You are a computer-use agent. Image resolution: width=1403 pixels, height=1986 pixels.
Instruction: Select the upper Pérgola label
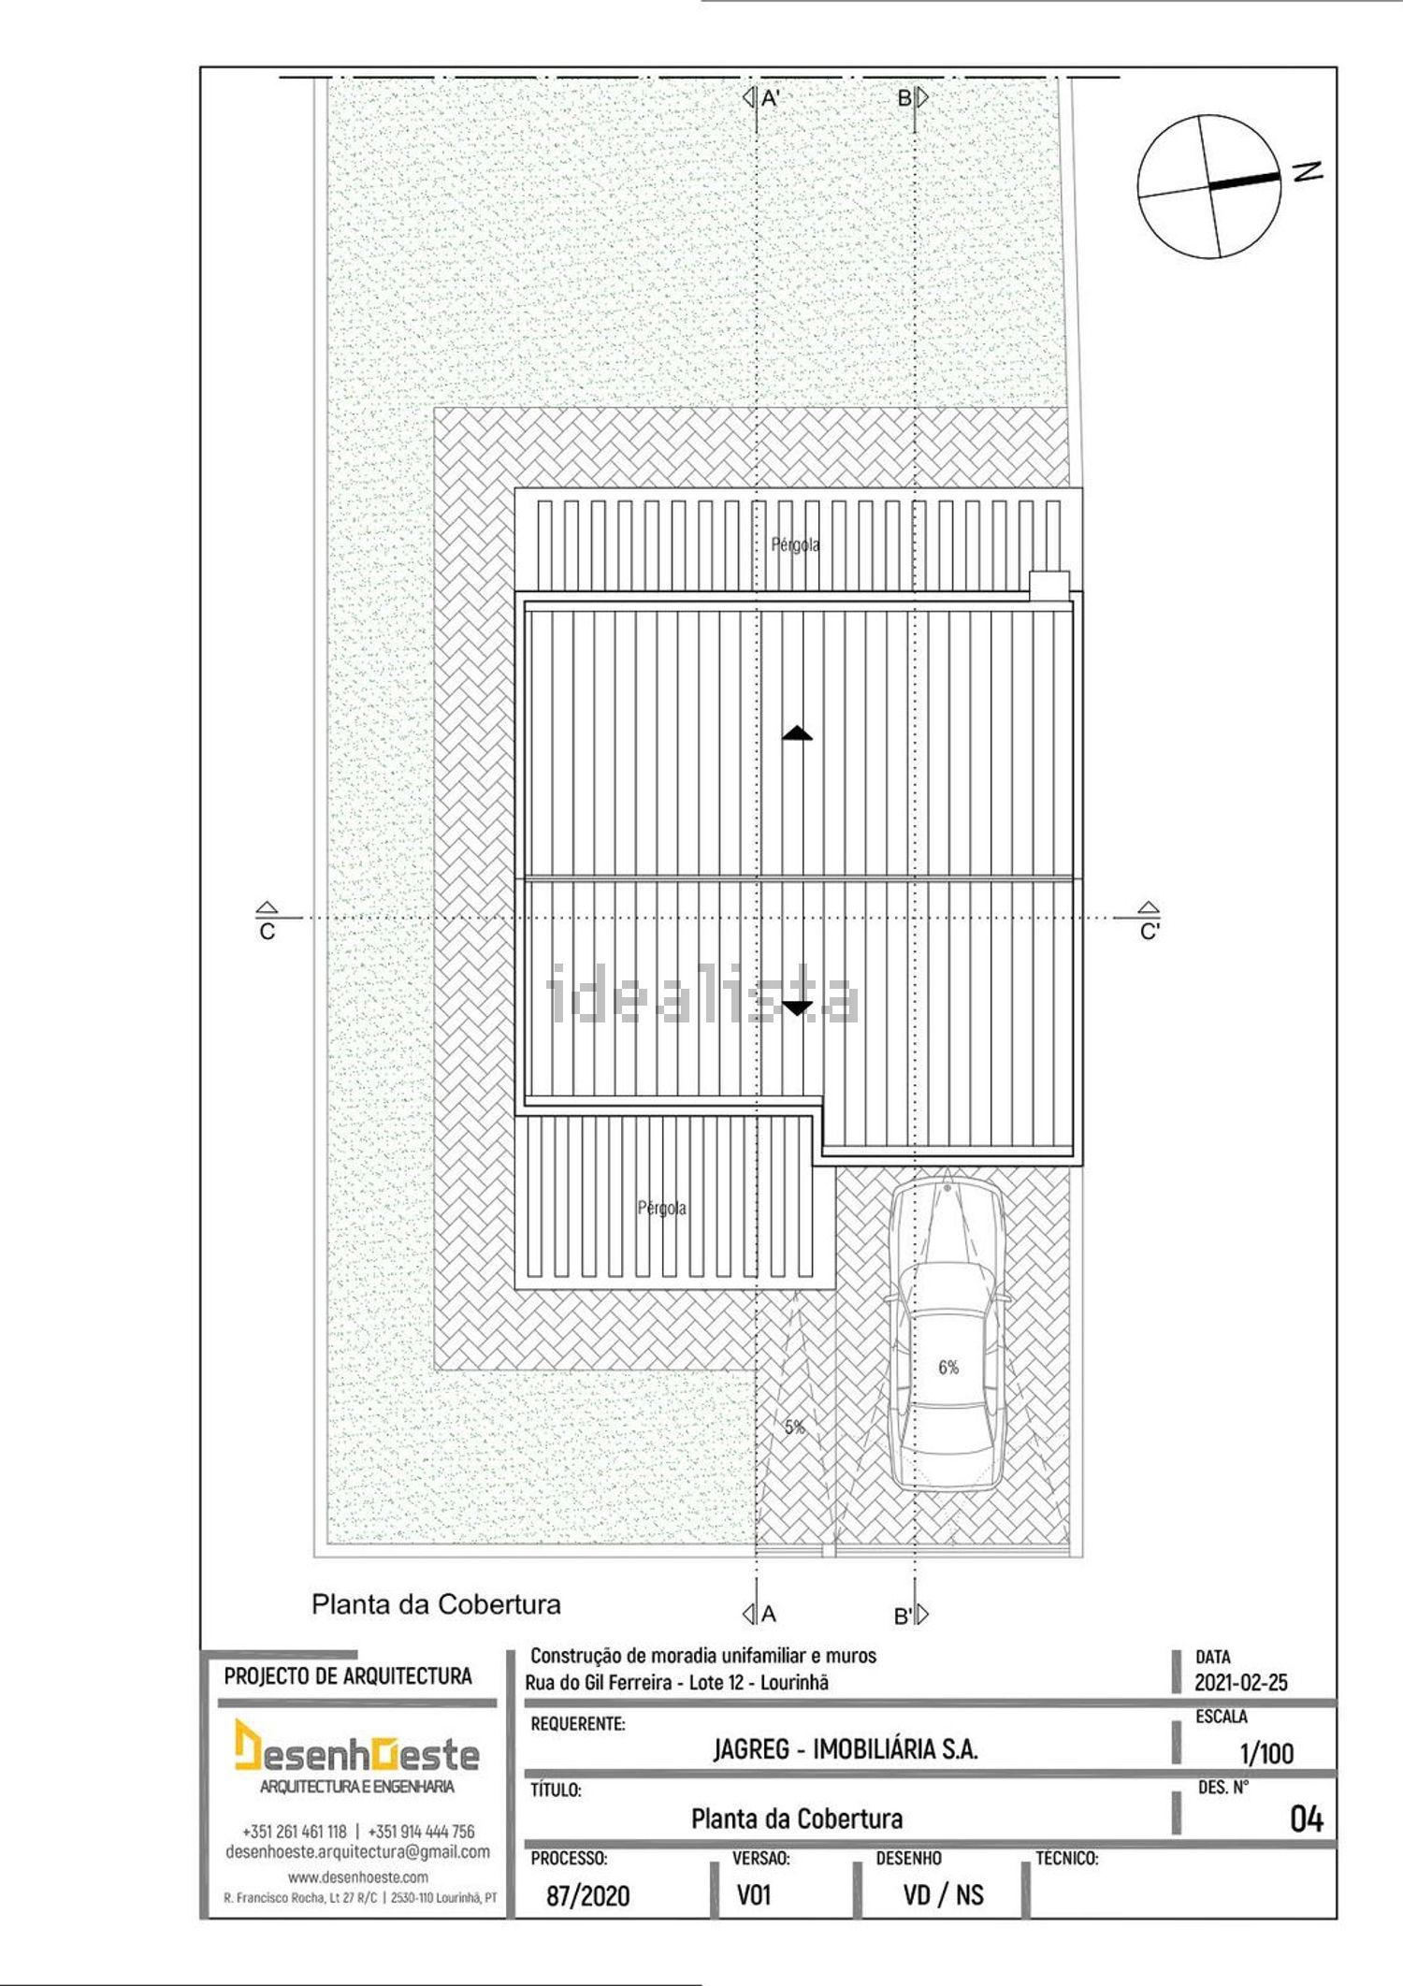coord(795,544)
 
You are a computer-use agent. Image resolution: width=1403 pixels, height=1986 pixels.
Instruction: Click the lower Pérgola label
coord(662,1208)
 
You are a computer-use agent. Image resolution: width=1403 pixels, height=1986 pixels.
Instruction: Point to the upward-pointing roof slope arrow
coord(797,732)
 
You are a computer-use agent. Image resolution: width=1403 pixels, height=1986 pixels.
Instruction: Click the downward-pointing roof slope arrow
coord(797,1008)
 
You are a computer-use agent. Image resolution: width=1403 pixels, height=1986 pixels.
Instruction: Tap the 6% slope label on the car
coord(948,1368)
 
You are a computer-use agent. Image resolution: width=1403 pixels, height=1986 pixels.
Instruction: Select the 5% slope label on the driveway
coord(794,1427)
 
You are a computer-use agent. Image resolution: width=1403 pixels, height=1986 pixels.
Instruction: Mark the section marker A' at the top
coord(762,97)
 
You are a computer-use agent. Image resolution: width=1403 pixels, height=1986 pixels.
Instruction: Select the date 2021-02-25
coord(1240,1683)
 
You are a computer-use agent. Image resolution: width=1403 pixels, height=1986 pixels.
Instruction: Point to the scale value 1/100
coord(1266,1753)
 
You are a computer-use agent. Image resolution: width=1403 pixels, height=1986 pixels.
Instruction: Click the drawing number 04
coord(1307,1819)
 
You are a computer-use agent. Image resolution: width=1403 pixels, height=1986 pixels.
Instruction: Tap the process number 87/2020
coord(588,1896)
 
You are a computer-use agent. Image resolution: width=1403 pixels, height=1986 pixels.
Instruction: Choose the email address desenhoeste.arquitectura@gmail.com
coord(358,1852)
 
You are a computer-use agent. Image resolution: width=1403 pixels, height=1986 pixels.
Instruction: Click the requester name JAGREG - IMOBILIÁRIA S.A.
coord(846,1749)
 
